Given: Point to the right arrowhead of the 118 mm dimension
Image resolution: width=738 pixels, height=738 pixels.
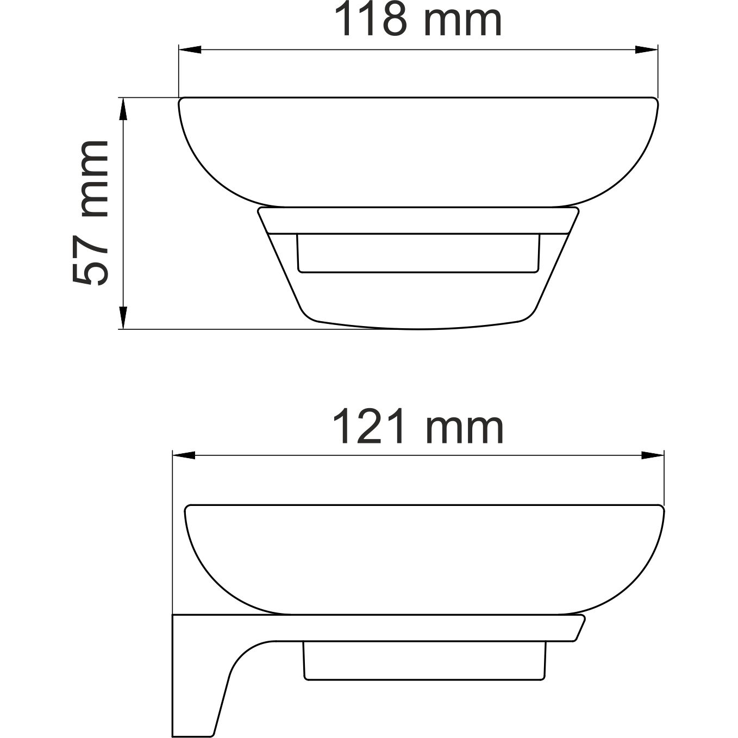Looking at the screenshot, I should pyautogui.click(x=647, y=50).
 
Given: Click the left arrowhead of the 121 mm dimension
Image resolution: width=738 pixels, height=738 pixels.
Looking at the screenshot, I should pyautogui.click(x=183, y=455).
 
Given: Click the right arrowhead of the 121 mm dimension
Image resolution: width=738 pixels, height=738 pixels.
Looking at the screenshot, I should pyautogui.click(x=653, y=455).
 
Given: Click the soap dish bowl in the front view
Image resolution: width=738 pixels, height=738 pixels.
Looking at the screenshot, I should pyautogui.click(x=418, y=152).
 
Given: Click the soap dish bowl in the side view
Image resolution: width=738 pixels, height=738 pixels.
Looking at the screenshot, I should pyautogui.click(x=424, y=560).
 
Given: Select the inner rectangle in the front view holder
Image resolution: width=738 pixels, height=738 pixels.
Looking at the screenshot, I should pyautogui.click(x=418, y=253).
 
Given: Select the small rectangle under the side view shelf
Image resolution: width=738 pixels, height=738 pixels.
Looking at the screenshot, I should pyautogui.click(x=424, y=660).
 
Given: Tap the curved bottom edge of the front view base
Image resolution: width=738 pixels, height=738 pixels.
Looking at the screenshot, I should pyautogui.click(x=418, y=328).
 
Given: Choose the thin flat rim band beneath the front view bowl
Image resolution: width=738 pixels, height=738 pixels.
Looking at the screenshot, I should pyautogui.click(x=418, y=220).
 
